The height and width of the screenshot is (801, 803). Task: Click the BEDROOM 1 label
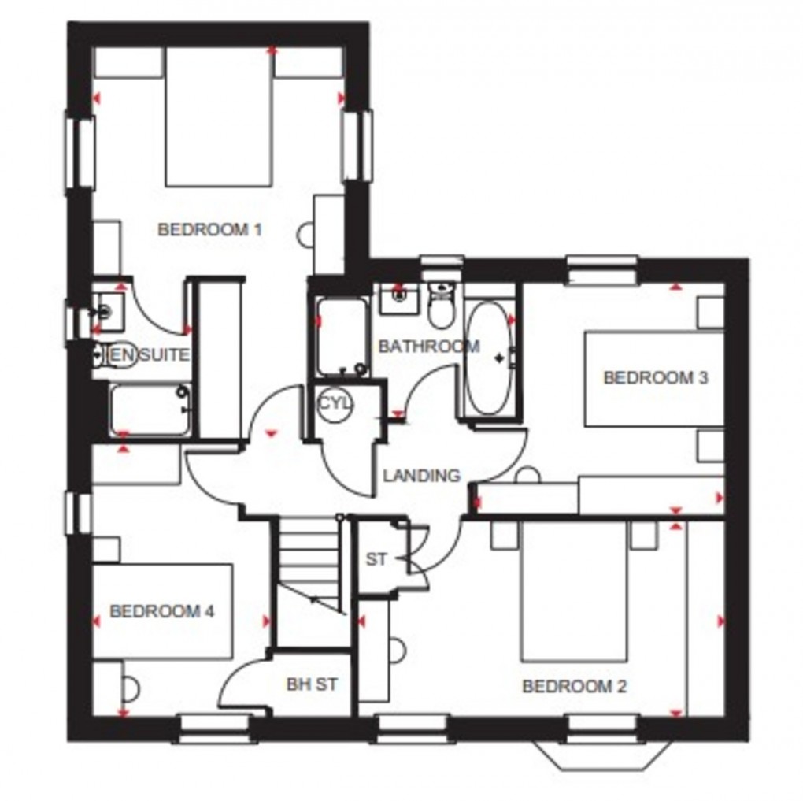tap(209, 230)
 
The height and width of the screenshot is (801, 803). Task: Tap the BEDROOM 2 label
tap(575, 687)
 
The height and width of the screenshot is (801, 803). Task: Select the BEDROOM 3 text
tap(655, 378)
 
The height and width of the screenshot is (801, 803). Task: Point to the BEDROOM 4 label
tap(162, 611)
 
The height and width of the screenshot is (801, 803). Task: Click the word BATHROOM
tap(429, 347)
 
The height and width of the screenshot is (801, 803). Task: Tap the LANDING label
tap(421, 476)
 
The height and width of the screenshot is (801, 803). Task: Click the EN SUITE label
tap(150, 355)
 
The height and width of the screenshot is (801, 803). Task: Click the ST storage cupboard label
tap(377, 560)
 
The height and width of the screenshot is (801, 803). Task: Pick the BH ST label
tap(312, 684)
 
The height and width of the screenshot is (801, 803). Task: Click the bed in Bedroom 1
tap(219, 118)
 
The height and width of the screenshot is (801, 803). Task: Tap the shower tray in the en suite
tap(150, 410)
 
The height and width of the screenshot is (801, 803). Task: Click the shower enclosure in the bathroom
tap(342, 336)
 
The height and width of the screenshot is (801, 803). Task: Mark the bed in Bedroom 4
tap(162, 610)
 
